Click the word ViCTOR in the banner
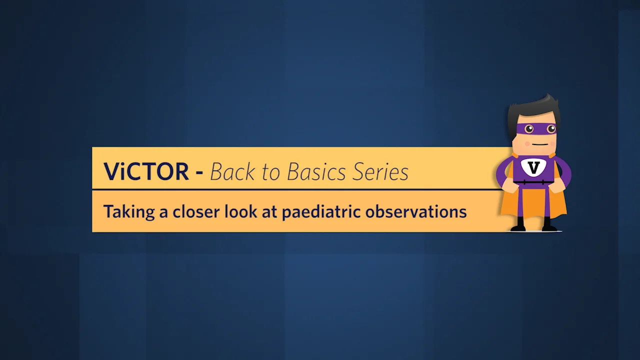click(146, 171)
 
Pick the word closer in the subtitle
click(195, 211)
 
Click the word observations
click(416, 211)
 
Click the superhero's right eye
click(550, 129)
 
